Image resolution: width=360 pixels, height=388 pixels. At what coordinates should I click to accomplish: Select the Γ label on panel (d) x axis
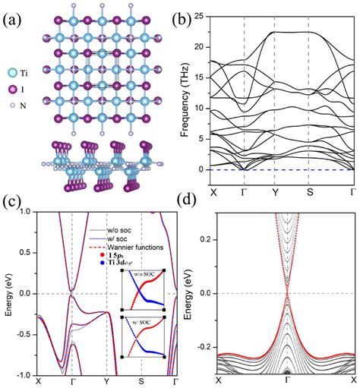pyautogui.click(x=287, y=379)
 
